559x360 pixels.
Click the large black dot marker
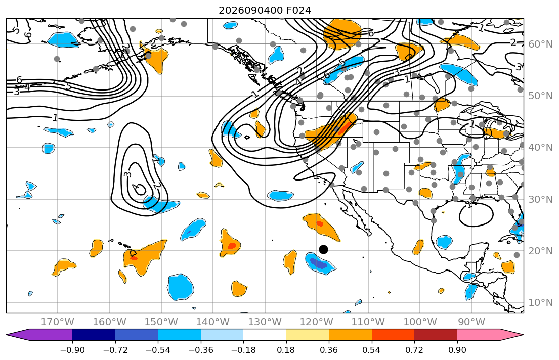(323, 249)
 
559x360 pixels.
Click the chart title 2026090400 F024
(265, 10)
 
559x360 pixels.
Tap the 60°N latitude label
(540, 44)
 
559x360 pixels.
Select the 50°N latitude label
(540, 96)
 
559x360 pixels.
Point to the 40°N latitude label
(540, 148)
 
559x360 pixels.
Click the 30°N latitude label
(540, 199)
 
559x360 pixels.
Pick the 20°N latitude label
(540, 251)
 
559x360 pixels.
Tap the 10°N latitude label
(540, 303)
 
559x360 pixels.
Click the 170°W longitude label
(58, 322)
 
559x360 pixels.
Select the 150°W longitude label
(161, 322)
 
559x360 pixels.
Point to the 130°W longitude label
(265, 322)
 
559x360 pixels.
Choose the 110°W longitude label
(368, 322)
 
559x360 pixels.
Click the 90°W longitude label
(471, 322)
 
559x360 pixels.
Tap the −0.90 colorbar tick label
(72, 350)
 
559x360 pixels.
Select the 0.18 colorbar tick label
(286, 350)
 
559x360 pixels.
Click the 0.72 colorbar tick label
(414, 350)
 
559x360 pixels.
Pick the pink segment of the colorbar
(479, 335)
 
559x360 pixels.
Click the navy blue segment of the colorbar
(94, 335)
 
